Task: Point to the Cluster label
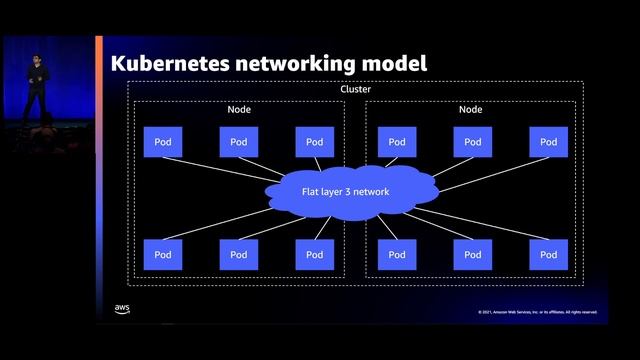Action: pos(355,89)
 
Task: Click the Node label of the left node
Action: pos(238,109)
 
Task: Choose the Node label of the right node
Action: pos(471,109)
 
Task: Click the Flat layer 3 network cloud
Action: pos(345,191)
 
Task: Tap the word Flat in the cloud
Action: pos(311,191)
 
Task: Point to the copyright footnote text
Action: pos(537,312)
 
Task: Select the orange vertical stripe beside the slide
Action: pos(99,180)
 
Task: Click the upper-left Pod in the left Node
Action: pos(162,142)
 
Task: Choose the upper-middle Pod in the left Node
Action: pos(238,142)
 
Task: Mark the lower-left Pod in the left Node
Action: pos(162,254)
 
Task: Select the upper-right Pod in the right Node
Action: pos(548,142)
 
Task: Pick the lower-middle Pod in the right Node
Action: pos(472,254)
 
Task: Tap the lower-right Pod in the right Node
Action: pos(548,254)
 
